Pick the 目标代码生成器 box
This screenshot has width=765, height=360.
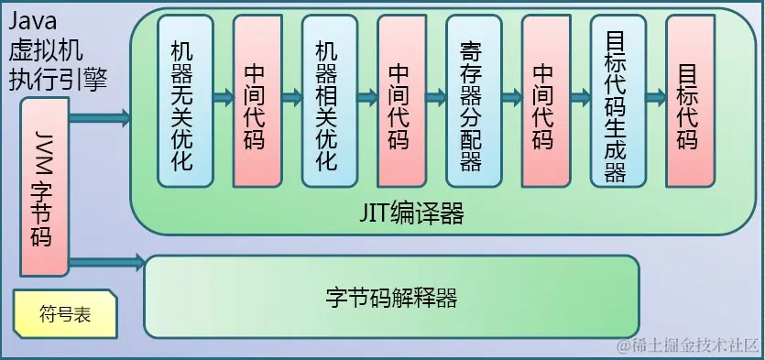615,101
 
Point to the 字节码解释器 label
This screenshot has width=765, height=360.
391,298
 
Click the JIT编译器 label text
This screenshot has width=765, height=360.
411,213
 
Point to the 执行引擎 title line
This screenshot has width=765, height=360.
58,79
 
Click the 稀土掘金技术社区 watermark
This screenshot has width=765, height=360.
689,345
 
